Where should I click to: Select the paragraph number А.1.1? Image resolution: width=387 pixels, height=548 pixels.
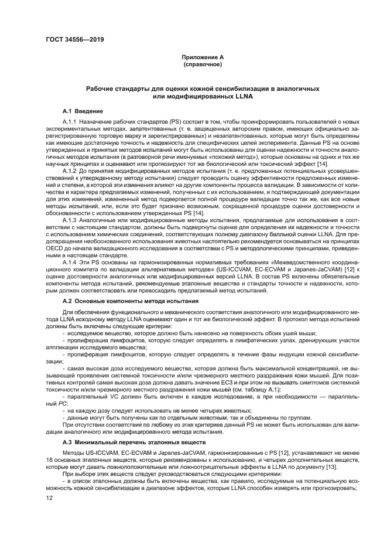tap(71, 121)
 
